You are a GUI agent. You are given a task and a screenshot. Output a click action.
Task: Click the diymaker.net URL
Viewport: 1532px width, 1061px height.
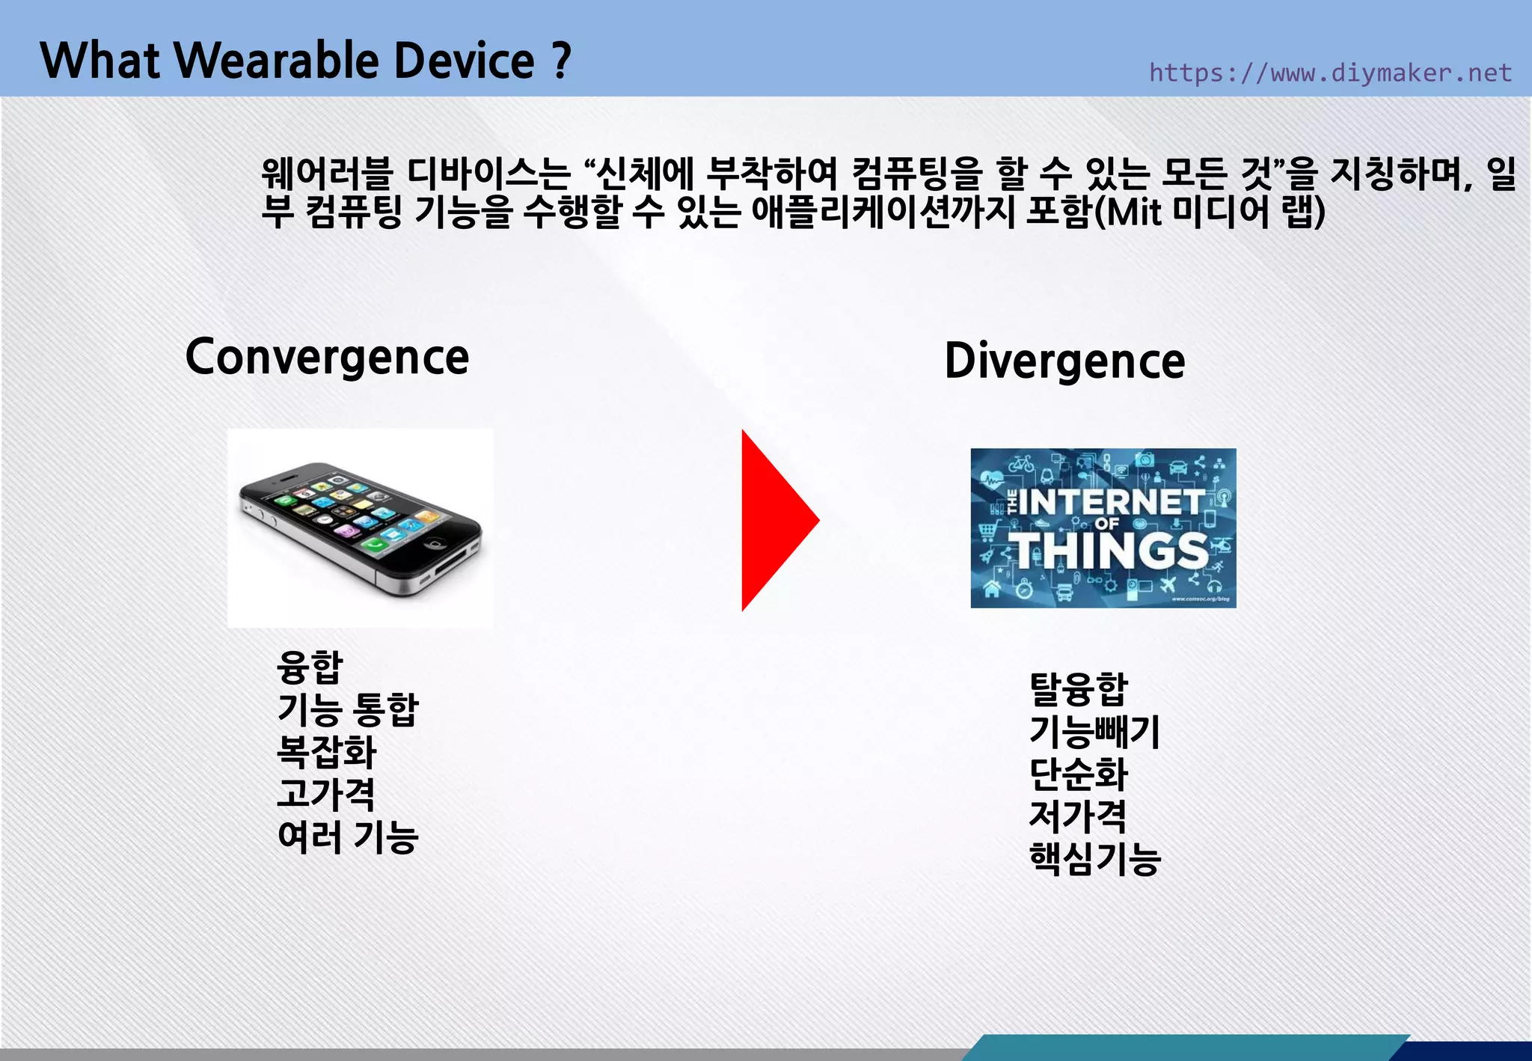(x=1330, y=73)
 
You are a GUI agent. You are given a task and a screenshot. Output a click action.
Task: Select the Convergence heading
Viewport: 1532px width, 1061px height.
(x=327, y=358)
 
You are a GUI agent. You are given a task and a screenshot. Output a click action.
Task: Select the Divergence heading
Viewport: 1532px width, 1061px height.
(x=1064, y=361)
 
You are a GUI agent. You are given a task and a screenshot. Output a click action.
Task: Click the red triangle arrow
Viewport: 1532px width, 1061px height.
(x=774, y=521)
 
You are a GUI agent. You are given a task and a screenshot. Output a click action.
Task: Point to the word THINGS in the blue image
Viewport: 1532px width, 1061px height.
(x=1112, y=551)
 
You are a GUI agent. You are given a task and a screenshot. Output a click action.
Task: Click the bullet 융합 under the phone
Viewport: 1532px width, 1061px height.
(x=310, y=667)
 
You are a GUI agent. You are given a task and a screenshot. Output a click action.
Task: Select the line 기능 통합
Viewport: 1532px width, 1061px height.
(x=348, y=709)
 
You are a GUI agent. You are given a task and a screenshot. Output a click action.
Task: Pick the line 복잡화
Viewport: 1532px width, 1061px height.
(x=326, y=751)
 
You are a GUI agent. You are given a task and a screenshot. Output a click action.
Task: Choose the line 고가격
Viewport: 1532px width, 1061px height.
(x=326, y=794)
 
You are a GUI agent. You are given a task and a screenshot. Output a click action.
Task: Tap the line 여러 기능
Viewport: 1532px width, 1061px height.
(x=348, y=837)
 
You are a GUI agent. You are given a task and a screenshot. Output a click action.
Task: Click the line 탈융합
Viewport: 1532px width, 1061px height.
(x=1078, y=689)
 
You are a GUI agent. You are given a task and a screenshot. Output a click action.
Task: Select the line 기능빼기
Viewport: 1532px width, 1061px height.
(x=1094, y=731)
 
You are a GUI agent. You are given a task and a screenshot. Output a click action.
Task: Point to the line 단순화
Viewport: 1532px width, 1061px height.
(x=1078, y=774)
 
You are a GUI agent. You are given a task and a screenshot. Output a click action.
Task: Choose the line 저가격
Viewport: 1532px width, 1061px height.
(x=1078, y=816)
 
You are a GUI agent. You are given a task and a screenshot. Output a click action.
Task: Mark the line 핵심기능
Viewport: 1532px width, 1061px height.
(x=1094, y=858)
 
